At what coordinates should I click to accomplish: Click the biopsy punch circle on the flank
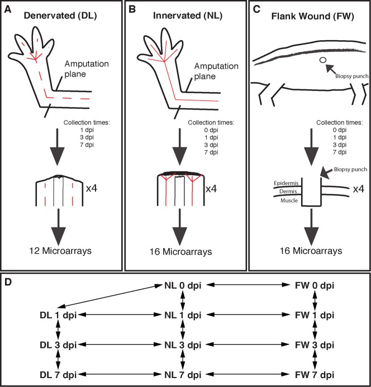[322, 60]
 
